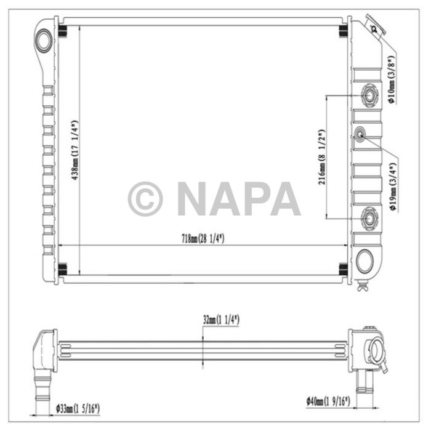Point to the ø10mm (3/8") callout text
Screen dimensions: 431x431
click(x=390, y=80)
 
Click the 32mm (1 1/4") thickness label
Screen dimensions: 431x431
click(x=220, y=320)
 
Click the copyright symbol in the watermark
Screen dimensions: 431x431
click(x=145, y=199)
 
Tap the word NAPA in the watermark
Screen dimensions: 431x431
click(x=239, y=199)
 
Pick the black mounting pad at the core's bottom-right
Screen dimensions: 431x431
click(x=344, y=268)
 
